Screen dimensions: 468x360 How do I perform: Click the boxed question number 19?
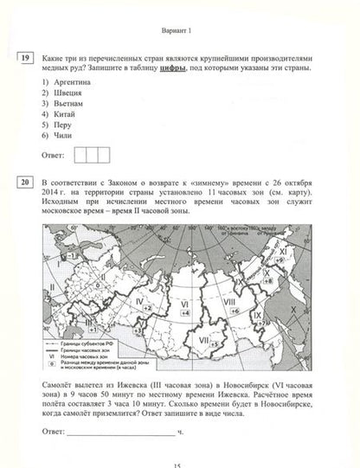[23, 58]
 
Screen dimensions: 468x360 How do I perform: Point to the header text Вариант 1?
[179, 29]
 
